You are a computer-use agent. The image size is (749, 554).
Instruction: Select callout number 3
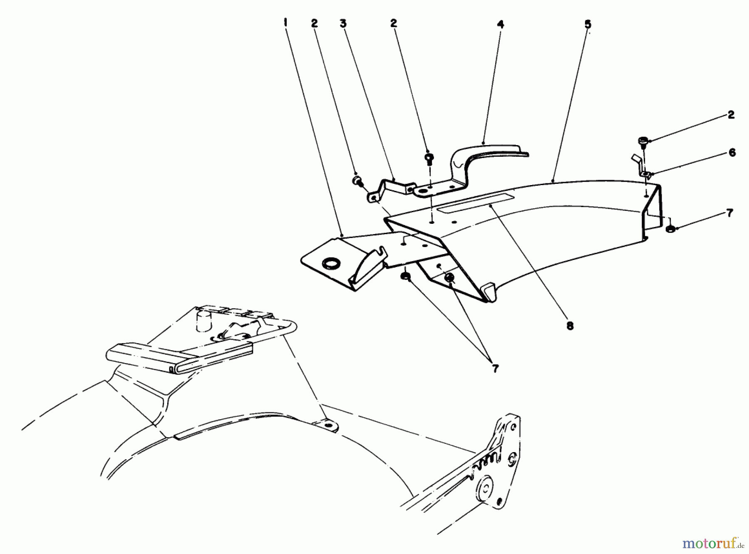click(x=343, y=24)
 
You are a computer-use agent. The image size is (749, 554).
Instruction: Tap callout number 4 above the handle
click(x=500, y=25)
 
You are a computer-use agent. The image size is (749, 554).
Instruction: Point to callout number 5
click(x=587, y=25)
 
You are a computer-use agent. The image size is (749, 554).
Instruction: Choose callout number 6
click(x=732, y=153)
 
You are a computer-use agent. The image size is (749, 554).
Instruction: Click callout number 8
click(x=570, y=326)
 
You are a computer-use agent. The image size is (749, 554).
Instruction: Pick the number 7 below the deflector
click(x=495, y=369)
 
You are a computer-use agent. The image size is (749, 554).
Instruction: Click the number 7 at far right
click(x=729, y=213)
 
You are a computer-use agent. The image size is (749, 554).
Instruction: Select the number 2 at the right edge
click(x=731, y=115)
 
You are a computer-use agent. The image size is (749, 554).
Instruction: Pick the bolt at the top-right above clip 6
click(x=642, y=142)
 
